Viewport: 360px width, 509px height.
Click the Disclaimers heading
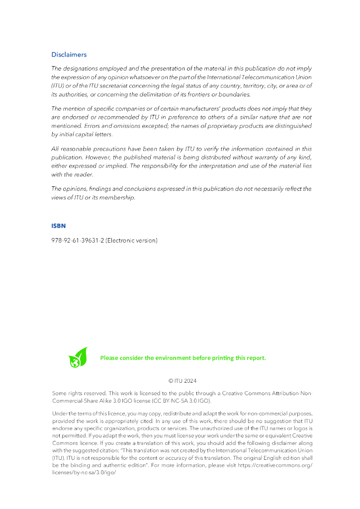click(69, 55)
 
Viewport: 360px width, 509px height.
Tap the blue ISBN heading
click(58, 226)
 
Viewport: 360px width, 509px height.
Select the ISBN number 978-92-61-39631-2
click(77, 241)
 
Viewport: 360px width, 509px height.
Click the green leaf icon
click(78, 357)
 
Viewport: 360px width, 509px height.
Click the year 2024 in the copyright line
click(190, 381)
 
